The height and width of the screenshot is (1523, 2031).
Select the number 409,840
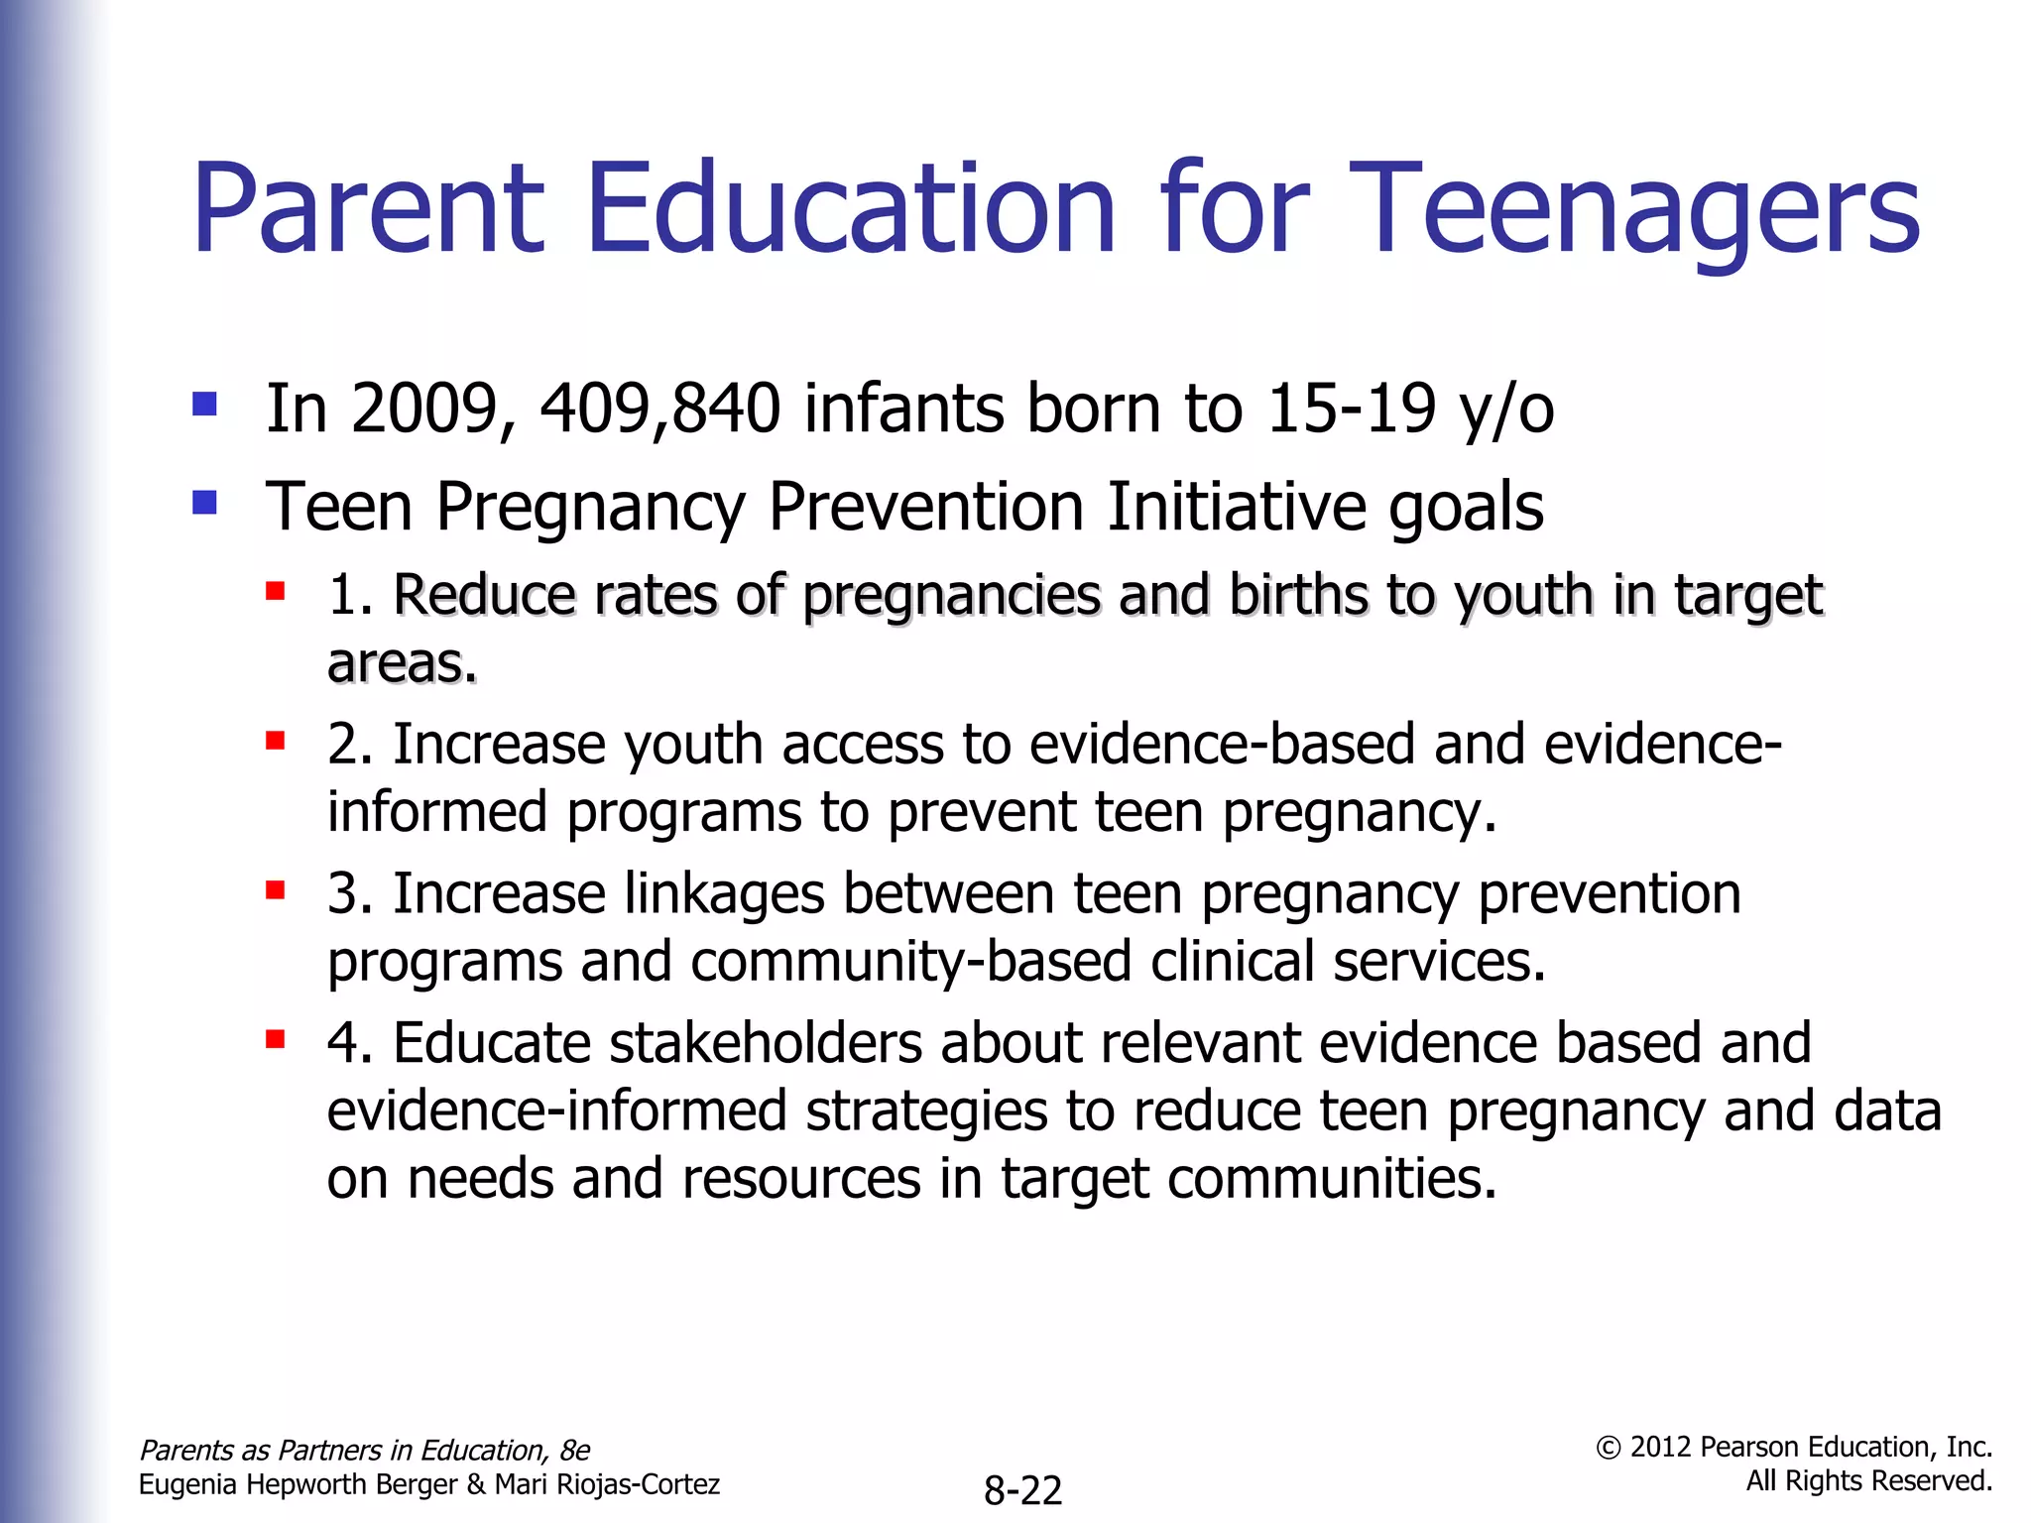659,409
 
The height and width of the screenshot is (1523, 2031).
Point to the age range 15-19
1351,409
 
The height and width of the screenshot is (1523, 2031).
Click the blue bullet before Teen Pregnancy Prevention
205,504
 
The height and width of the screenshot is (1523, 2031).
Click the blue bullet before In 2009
205,405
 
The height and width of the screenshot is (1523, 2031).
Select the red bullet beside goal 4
276,1040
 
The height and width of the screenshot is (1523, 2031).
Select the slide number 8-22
1022,1490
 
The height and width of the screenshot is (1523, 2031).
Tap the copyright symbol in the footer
1608,1449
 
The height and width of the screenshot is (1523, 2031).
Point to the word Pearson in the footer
1745,1448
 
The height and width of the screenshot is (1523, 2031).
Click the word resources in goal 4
801,1179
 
